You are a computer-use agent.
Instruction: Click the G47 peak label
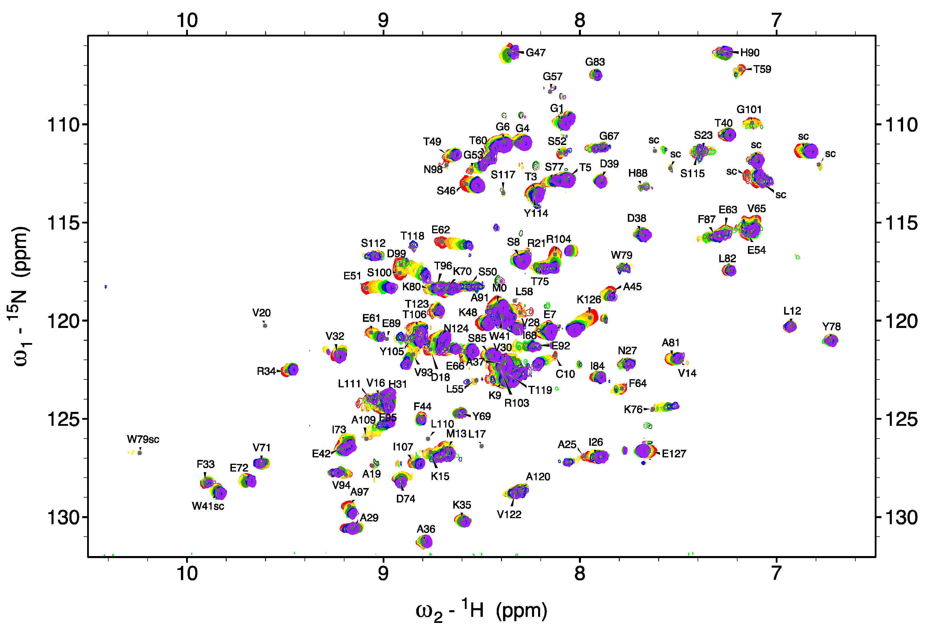point(535,52)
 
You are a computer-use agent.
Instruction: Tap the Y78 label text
point(831,327)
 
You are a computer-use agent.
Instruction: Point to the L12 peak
point(790,326)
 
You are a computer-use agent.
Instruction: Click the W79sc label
point(143,439)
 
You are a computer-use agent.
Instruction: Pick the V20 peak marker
point(265,325)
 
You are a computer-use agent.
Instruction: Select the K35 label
point(462,505)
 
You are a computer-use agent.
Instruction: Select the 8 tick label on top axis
point(579,20)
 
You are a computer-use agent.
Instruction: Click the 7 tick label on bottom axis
point(776,573)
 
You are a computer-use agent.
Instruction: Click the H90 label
point(749,52)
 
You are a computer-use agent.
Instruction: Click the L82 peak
point(729,270)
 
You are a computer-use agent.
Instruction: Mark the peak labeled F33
point(206,483)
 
